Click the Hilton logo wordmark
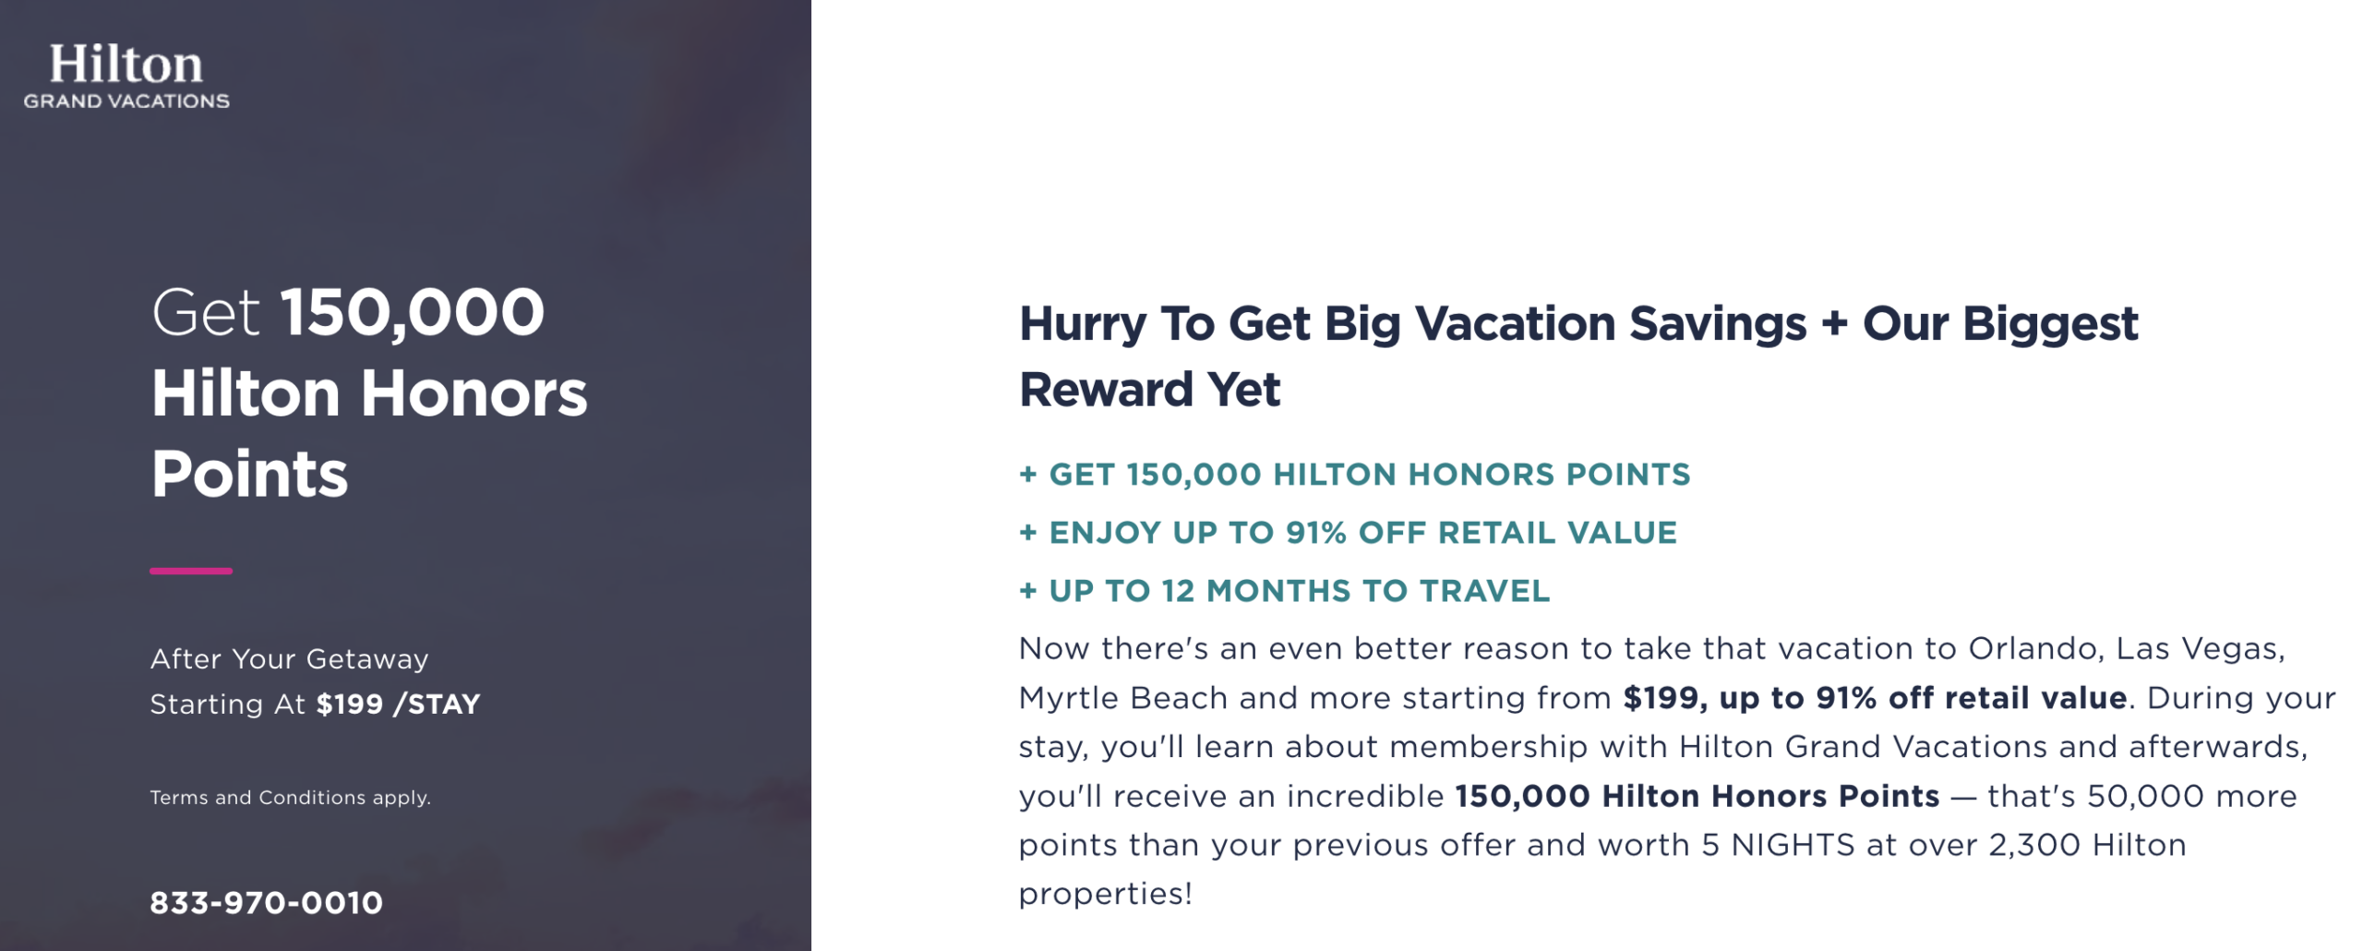126,65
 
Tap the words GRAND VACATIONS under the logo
126,102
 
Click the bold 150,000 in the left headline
412,312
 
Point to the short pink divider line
191,572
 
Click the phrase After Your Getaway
289,659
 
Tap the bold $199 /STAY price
398,704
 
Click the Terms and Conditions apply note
290,798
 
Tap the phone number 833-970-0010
266,903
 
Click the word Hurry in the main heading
1082,324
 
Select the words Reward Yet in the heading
1149,390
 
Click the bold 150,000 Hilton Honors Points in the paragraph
1697,796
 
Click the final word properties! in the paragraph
1105,894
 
